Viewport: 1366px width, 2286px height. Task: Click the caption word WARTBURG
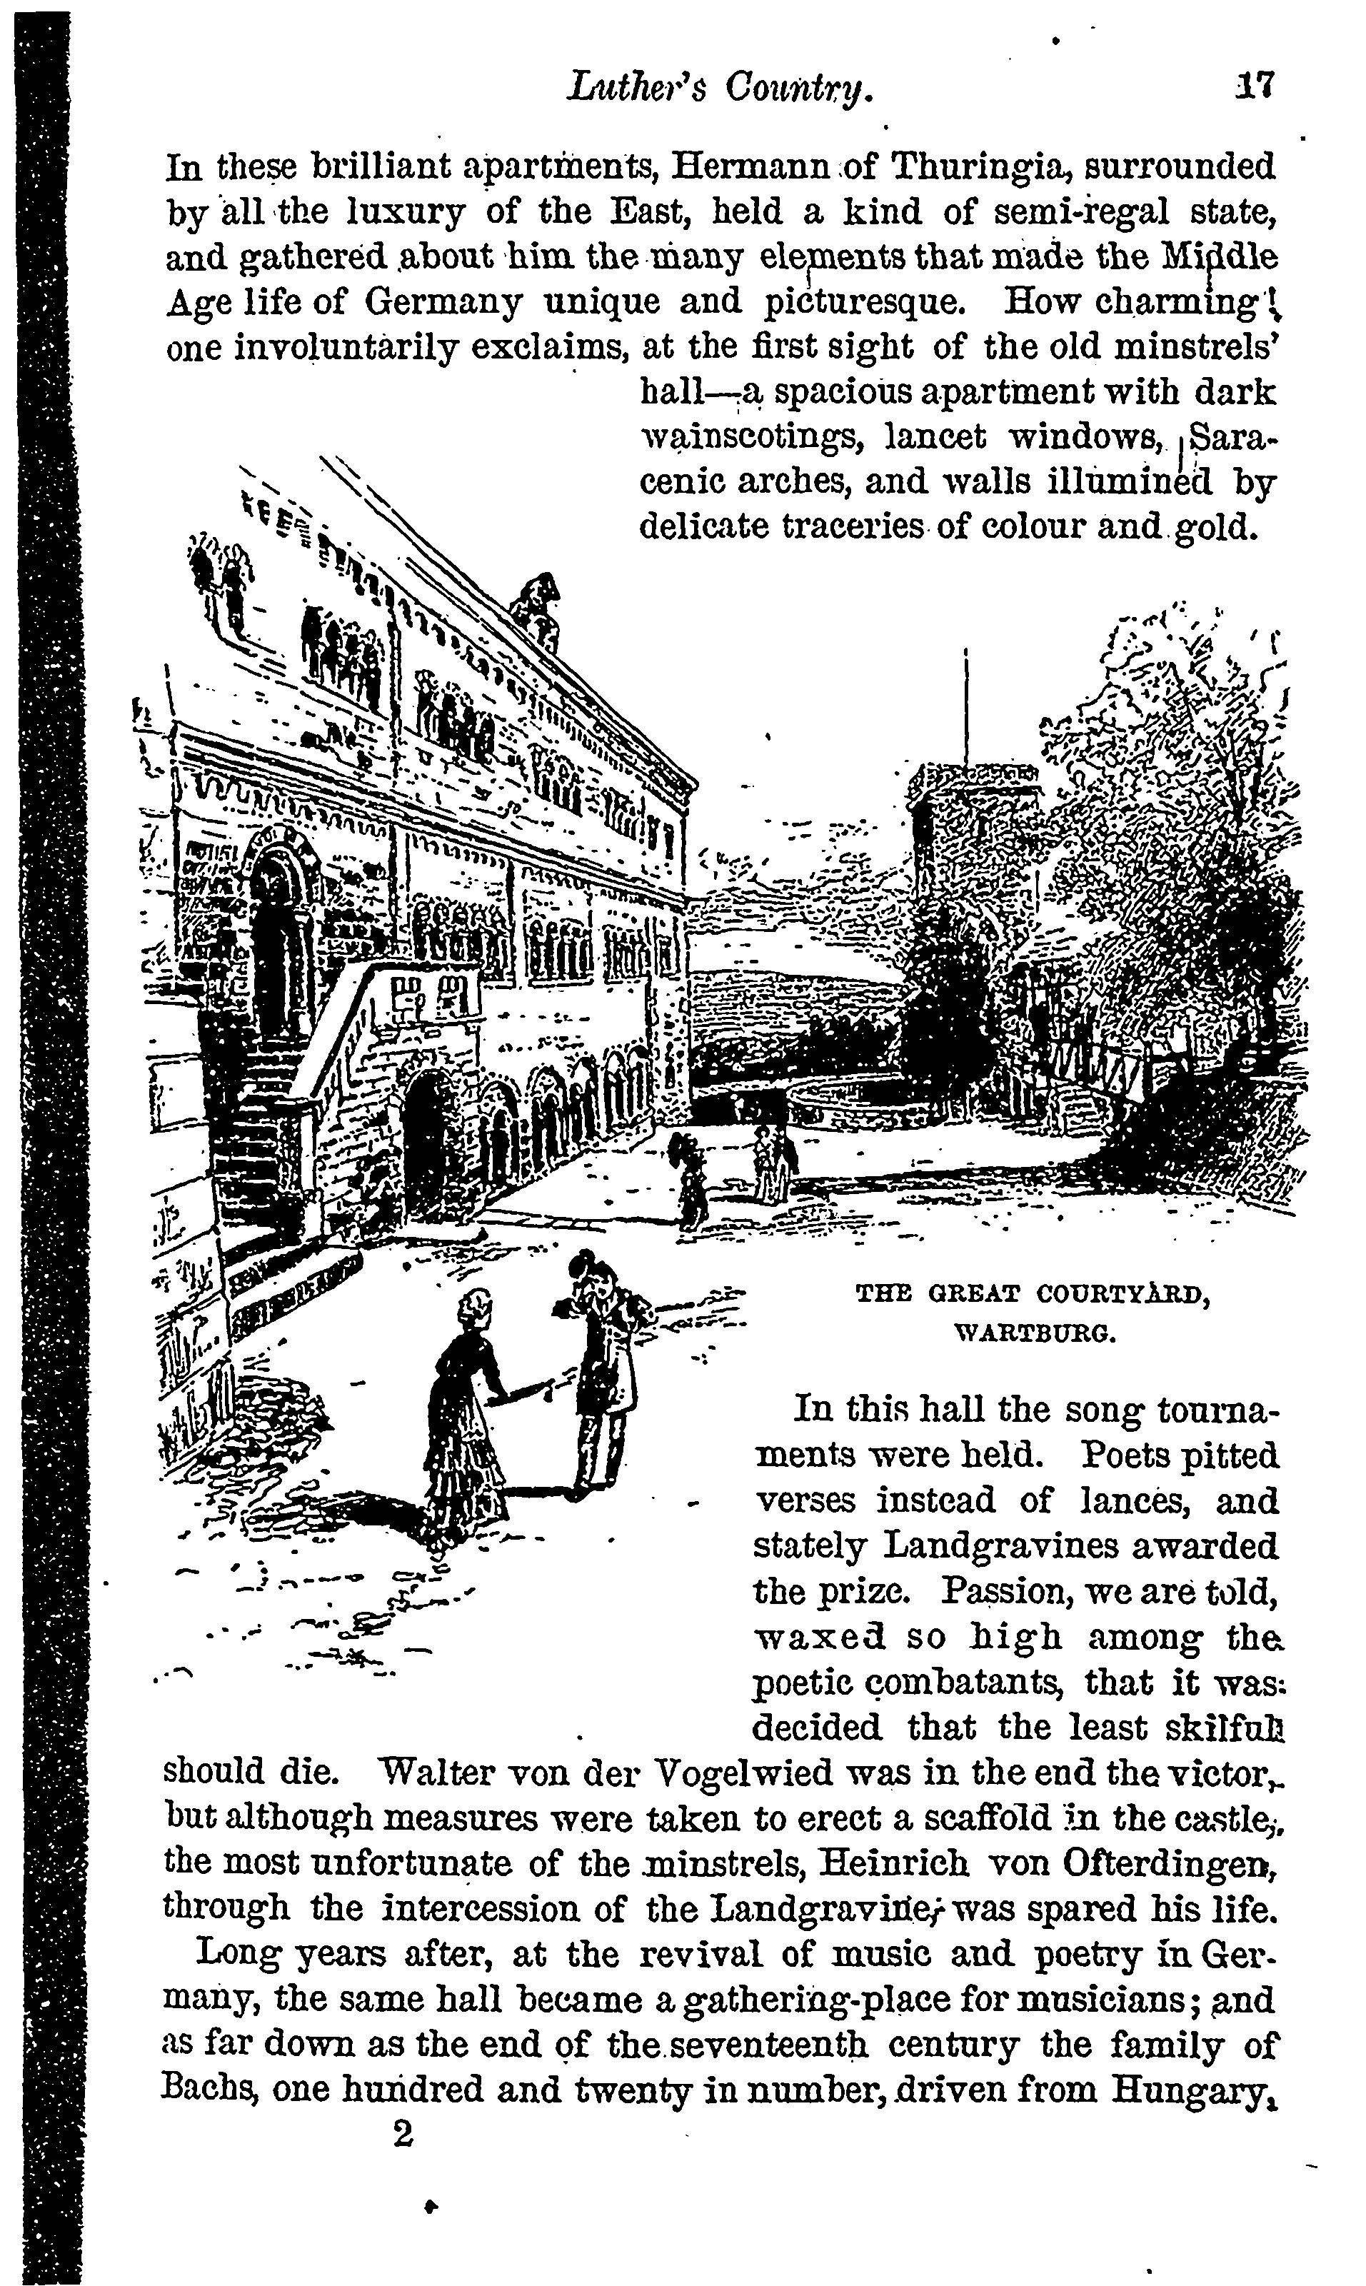click(x=1035, y=1332)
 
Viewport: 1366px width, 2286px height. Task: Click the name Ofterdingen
click(x=1165, y=1865)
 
